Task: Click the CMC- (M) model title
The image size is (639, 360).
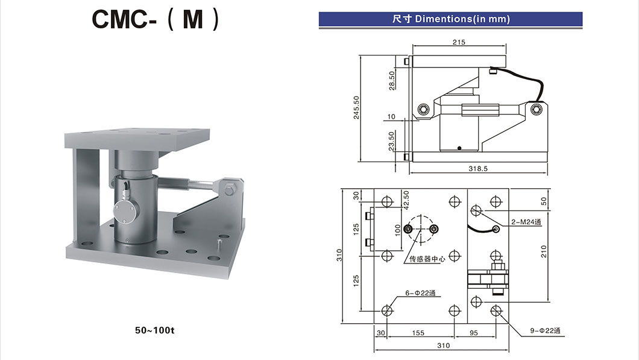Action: click(x=156, y=19)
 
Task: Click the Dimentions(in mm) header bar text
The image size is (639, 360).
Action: click(x=450, y=19)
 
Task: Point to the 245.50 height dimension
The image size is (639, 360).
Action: click(x=356, y=107)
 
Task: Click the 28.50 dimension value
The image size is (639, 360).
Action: click(x=392, y=80)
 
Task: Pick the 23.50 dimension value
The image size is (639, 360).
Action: click(x=392, y=141)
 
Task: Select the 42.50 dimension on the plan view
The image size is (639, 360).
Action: click(x=405, y=200)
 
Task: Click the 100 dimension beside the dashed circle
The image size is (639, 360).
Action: click(x=398, y=230)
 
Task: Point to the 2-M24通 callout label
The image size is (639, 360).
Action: click(x=526, y=222)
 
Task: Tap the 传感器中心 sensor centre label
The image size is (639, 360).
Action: click(x=427, y=259)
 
